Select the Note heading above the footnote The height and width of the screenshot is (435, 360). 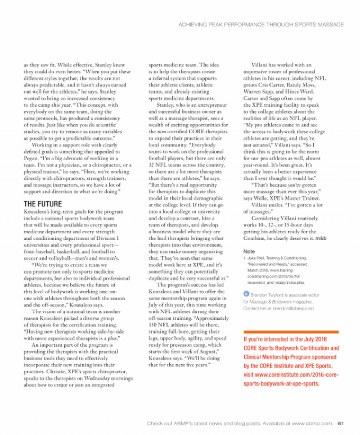(x=249, y=251)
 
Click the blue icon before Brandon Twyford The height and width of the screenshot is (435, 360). (x=246, y=294)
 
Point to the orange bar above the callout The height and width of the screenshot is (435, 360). (x=290, y=332)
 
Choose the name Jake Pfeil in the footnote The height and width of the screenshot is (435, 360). (x=257, y=258)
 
